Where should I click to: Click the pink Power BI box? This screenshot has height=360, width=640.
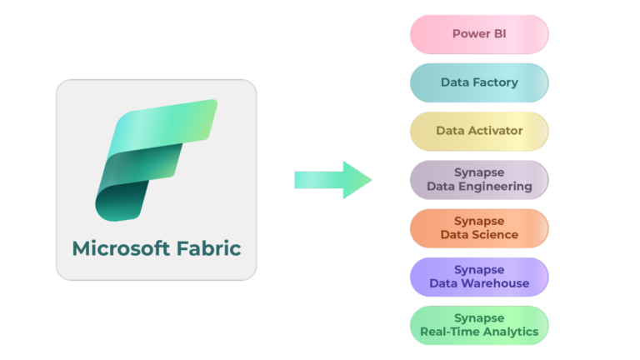(x=479, y=34)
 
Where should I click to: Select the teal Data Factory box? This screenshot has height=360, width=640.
(x=479, y=82)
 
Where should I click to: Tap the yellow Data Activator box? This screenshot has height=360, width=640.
(x=479, y=131)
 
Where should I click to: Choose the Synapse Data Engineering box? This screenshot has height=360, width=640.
(x=479, y=179)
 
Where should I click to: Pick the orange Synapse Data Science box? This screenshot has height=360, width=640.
(x=479, y=228)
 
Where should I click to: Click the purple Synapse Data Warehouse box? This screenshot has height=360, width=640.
(x=479, y=277)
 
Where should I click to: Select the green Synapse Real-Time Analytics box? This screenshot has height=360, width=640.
(x=479, y=325)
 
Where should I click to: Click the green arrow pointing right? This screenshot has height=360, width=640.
(x=333, y=180)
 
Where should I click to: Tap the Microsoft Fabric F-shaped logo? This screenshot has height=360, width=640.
(x=155, y=158)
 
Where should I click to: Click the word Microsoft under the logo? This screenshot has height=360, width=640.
(x=119, y=248)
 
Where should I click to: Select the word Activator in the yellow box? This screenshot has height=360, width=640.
(x=494, y=131)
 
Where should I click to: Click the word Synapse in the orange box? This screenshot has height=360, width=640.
(x=479, y=221)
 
